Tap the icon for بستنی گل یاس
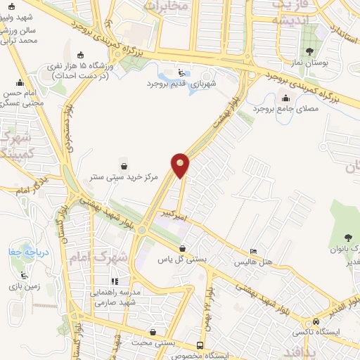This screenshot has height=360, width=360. pyautogui.click(x=183, y=248)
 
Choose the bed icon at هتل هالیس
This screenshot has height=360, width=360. pyautogui.click(x=254, y=252)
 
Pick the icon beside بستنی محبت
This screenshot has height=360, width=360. pyautogui.click(x=153, y=332)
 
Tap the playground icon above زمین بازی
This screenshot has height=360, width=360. pyautogui.click(x=25, y=274)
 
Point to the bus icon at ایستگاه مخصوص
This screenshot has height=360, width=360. pyautogui.click(x=201, y=345)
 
